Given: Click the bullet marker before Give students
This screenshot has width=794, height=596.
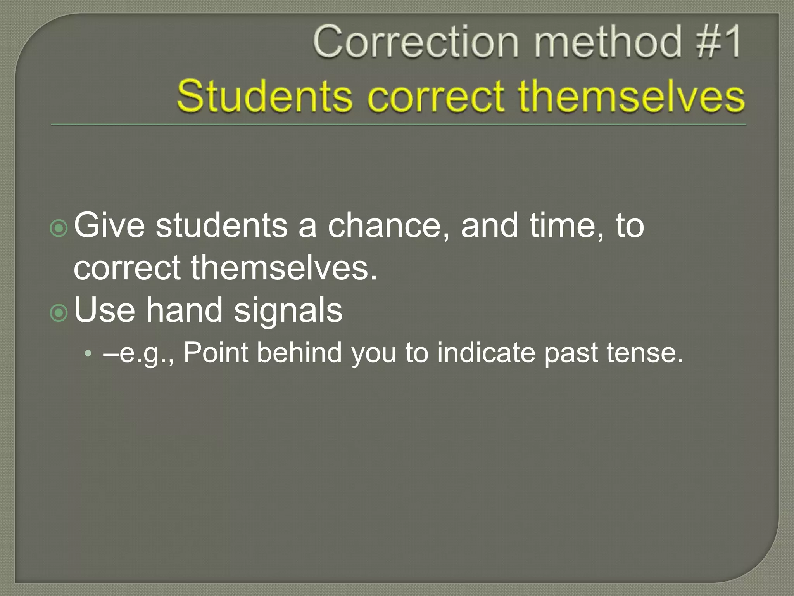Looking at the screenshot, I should pyautogui.click(x=59, y=229).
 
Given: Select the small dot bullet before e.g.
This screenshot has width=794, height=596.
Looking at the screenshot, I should pyautogui.click(x=89, y=353).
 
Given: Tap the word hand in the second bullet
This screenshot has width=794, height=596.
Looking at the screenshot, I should pyautogui.click(x=185, y=310).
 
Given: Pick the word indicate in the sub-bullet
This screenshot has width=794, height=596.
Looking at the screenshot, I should pyautogui.click(x=486, y=353).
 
